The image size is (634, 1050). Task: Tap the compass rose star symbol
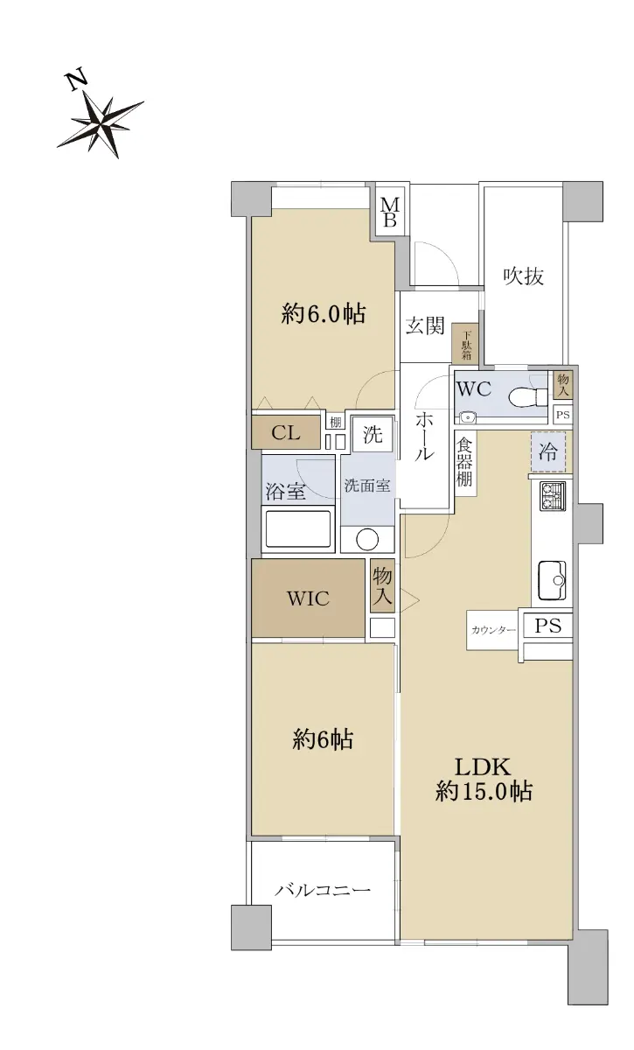click(101, 124)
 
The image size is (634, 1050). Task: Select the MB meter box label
click(389, 213)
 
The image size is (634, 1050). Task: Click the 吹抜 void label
click(524, 276)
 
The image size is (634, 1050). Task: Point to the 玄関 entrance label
click(425, 325)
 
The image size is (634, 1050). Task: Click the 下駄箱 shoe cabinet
click(465, 343)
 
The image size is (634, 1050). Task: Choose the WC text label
click(474, 389)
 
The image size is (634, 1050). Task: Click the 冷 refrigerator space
click(547, 451)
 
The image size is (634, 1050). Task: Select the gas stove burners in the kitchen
click(553, 496)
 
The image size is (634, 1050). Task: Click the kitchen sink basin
click(552, 580)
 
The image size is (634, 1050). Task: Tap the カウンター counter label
click(493, 630)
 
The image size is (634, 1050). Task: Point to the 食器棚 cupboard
click(465, 463)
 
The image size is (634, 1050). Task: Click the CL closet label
click(286, 432)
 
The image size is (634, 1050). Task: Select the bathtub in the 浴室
click(298, 528)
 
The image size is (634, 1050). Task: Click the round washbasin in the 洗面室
click(367, 540)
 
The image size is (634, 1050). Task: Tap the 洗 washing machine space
click(373, 435)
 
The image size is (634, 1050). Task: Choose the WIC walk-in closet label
click(308, 598)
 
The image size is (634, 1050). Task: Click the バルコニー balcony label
click(323, 889)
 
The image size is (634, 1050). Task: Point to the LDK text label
click(483, 767)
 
